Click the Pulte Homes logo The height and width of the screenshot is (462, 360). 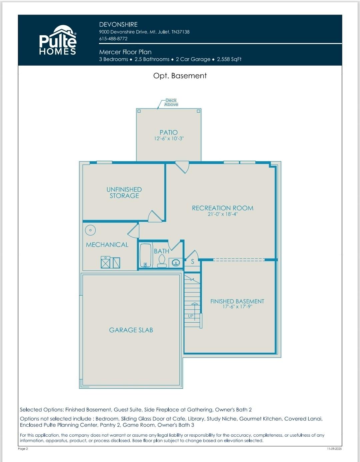pos(58,40)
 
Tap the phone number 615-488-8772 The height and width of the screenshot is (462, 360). pos(113,39)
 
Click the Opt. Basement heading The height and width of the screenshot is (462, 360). pos(180,76)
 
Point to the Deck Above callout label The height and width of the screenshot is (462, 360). pos(171,102)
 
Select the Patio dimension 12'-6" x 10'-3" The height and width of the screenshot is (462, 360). pos(169,139)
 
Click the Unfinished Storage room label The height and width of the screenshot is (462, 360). pos(124,193)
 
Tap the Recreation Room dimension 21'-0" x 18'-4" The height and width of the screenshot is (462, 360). pos(223,214)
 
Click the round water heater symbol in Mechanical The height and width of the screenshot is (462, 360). pos(90,230)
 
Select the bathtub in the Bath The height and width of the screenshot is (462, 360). pos(146,255)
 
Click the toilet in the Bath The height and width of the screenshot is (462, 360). pos(162,261)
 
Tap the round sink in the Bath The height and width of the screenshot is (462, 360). pos(176,263)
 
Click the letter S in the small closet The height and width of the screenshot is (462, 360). pos(193,262)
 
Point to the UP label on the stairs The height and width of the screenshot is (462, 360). pos(191,316)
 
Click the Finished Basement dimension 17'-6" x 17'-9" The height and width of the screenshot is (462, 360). pos(237,307)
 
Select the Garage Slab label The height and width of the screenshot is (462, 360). pos(131,330)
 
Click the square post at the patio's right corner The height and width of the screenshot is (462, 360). pos(198,111)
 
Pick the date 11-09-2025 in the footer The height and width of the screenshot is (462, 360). pos(334,449)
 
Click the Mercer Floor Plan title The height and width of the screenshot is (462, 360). pos(125,52)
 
